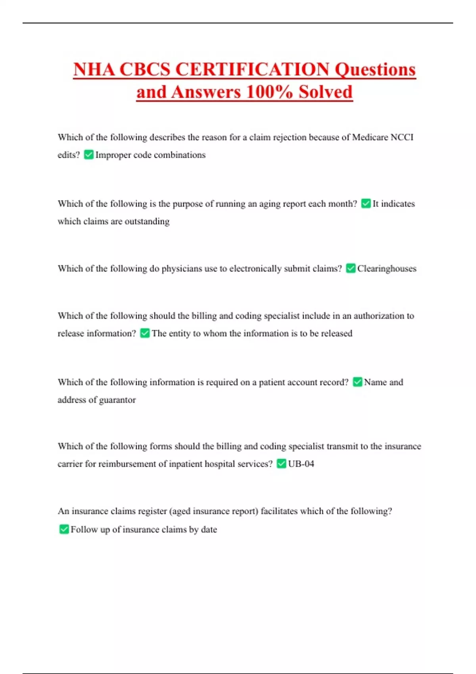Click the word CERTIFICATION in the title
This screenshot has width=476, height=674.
[x=252, y=69]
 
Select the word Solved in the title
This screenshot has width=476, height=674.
[x=325, y=92]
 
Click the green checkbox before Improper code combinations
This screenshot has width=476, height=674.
[x=89, y=155]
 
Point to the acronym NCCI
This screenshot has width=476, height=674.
[x=402, y=137]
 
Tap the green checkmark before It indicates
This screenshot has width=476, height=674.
[x=366, y=204]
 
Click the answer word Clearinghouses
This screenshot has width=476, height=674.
[x=387, y=269]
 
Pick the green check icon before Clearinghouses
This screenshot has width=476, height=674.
[x=351, y=268]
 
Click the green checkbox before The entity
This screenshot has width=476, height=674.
[x=145, y=333]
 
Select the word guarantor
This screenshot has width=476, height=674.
[x=117, y=400]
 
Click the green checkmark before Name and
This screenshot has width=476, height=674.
[x=357, y=382]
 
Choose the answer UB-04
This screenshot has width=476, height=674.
[x=301, y=464]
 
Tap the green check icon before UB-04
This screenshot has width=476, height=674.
[x=281, y=463]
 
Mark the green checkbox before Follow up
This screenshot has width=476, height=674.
[x=64, y=529]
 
